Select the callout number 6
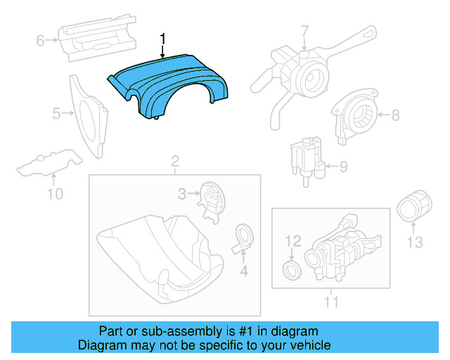click(x=41, y=41)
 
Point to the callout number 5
click(x=56, y=112)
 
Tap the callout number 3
click(x=181, y=193)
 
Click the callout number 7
click(x=304, y=32)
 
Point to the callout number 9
click(x=343, y=167)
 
